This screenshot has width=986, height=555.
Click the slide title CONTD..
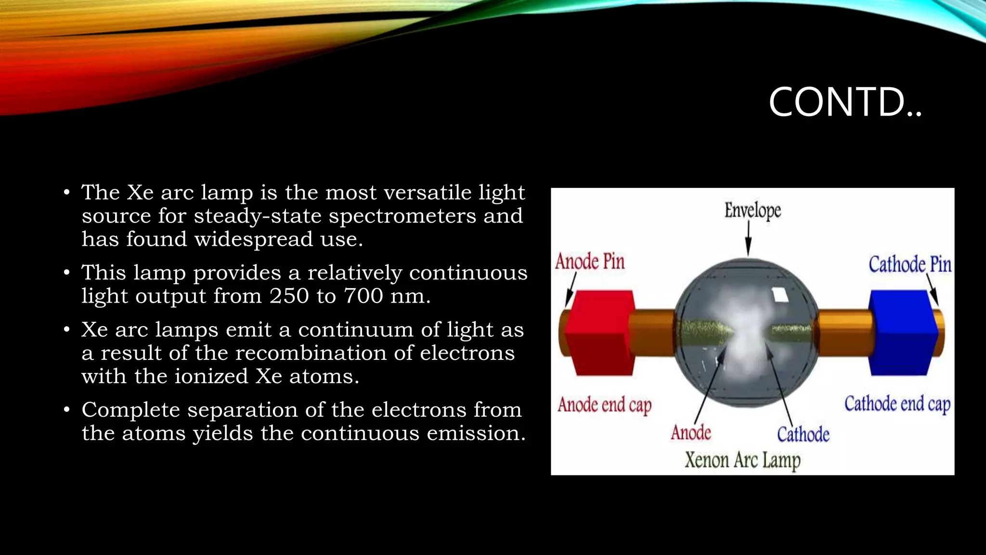(x=845, y=102)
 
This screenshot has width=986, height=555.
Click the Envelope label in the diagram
(x=752, y=211)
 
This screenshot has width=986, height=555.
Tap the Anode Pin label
(x=590, y=262)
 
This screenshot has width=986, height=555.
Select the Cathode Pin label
(x=909, y=264)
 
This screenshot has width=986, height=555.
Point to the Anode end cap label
(x=604, y=405)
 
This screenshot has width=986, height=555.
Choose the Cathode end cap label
(x=897, y=404)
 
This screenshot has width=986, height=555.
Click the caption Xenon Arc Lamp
(x=742, y=460)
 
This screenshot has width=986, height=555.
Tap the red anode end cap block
(x=598, y=332)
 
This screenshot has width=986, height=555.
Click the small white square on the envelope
(x=780, y=294)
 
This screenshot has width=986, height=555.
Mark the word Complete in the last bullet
(x=131, y=410)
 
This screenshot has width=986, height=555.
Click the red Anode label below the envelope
(x=691, y=433)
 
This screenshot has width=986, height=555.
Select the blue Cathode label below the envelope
(x=803, y=435)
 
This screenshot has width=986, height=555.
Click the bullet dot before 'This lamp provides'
(x=67, y=273)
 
